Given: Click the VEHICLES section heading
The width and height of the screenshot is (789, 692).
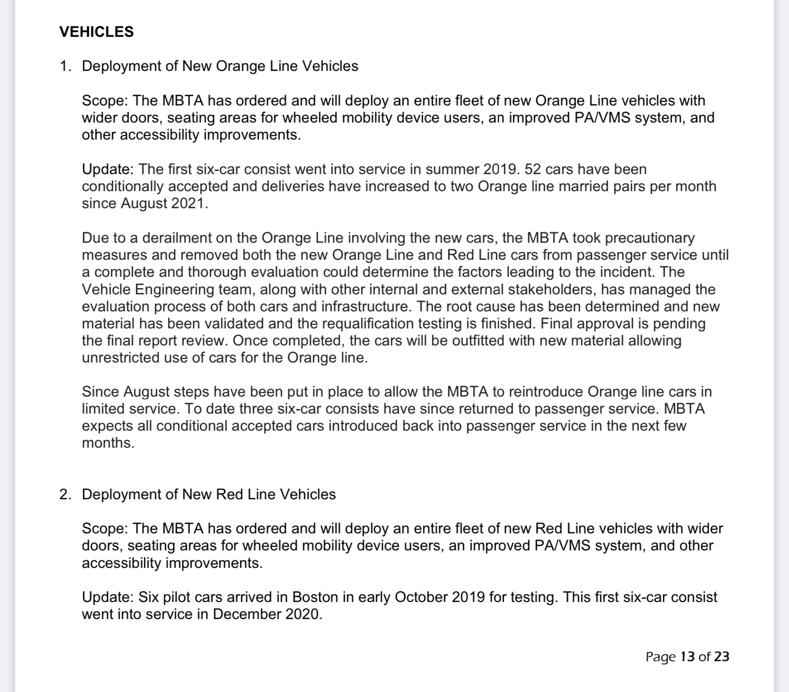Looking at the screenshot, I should [x=96, y=32].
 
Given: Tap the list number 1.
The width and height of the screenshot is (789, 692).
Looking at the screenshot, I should [x=64, y=66].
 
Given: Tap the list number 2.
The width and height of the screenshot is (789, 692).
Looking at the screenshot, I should [x=64, y=494].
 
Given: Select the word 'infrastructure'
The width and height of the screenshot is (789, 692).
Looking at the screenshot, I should [x=367, y=306].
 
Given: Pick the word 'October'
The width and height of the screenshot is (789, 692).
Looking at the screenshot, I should [x=421, y=597].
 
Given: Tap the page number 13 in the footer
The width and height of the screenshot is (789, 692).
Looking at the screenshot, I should [x=687, y=657].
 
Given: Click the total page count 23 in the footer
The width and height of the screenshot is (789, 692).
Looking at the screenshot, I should [x=722, y=657].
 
